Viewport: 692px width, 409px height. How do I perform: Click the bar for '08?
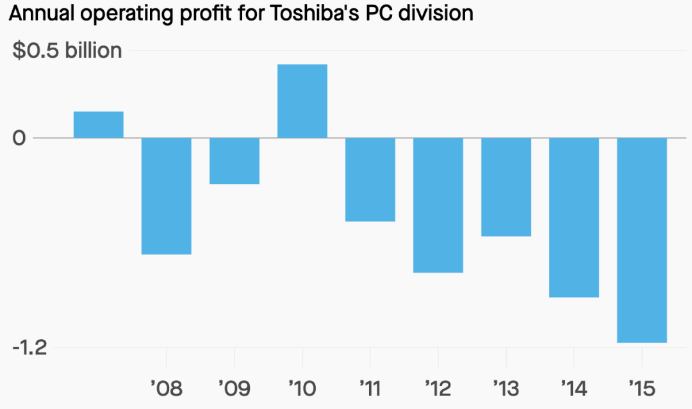point(167,196)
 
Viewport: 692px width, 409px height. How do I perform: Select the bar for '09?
point(235,161)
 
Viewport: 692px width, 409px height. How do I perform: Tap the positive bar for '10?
point(302,101)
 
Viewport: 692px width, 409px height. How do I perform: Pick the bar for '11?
point(370,179)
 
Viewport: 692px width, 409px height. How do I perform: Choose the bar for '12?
point(438,205)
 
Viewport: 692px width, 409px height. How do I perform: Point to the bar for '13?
point(506,187)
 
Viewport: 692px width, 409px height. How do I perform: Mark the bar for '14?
point(574,217)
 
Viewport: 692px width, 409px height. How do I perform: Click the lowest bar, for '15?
point(642,240)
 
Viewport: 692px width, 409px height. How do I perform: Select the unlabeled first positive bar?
point(99,125)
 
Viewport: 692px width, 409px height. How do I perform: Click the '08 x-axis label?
point(167,388)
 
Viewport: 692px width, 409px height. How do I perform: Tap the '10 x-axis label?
point(302,388)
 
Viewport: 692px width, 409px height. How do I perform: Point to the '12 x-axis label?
point(438,388)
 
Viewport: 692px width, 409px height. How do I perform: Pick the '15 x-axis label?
point(642,388)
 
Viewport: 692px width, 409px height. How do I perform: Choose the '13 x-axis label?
point(506,388)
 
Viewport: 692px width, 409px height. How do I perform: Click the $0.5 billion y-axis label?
point(67,51)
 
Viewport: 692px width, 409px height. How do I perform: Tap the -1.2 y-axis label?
point(30,347)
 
